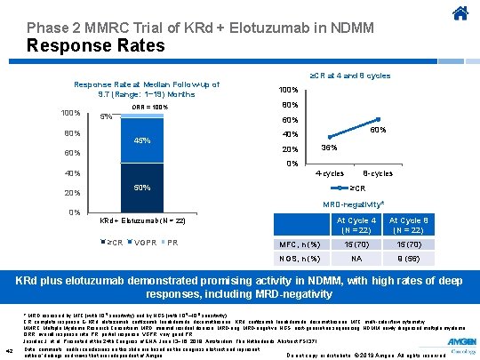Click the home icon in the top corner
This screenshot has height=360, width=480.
(x=460, y=13)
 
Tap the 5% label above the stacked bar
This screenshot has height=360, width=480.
(x=106, y=116)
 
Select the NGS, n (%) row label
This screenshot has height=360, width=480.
(x=300, y=258)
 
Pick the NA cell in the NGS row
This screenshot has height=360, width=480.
(x=356, y=258)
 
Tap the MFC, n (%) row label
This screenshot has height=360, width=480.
(x=300, y=244)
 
